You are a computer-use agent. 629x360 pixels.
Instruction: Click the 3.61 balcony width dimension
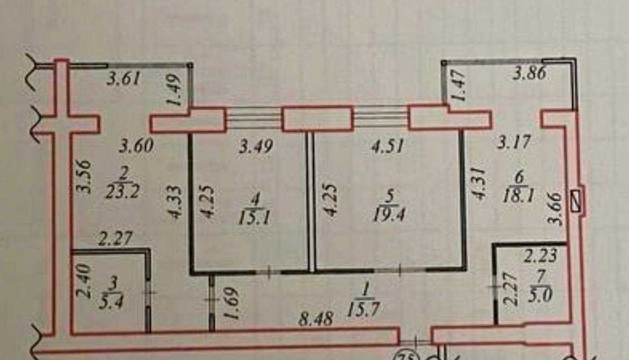point(123,78)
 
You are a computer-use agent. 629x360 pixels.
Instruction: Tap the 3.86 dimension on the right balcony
point(530,74)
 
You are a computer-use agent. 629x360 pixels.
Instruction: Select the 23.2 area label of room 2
point(123,191)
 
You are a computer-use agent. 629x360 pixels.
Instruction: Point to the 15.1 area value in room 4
point(255,218)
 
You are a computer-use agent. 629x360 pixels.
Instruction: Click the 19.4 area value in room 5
point(388,215)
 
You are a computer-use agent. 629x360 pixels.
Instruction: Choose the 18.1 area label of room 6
point(518,196)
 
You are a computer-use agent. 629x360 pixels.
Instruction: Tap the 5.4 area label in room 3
point(110,301)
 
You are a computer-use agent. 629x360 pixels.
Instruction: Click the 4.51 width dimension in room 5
point(387,146)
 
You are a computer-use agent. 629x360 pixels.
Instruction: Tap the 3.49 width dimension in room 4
point(256,146)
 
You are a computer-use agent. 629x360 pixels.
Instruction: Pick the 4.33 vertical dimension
point(175,202)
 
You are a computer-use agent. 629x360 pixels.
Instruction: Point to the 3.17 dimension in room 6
point(514,142)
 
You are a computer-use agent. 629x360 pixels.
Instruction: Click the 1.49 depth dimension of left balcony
point(175,91)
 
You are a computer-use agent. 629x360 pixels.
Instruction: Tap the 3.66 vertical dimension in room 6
point(557,209)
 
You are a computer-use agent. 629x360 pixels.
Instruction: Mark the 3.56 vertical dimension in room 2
point(84,177)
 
